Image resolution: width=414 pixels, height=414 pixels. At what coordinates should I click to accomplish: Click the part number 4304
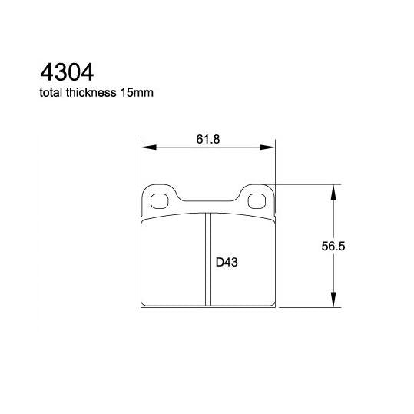(x=66, y=73)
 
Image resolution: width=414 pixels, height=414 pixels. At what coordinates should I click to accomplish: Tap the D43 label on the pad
(x=225, y=262)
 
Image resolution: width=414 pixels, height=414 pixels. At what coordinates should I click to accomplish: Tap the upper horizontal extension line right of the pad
(x=307, y=184)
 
